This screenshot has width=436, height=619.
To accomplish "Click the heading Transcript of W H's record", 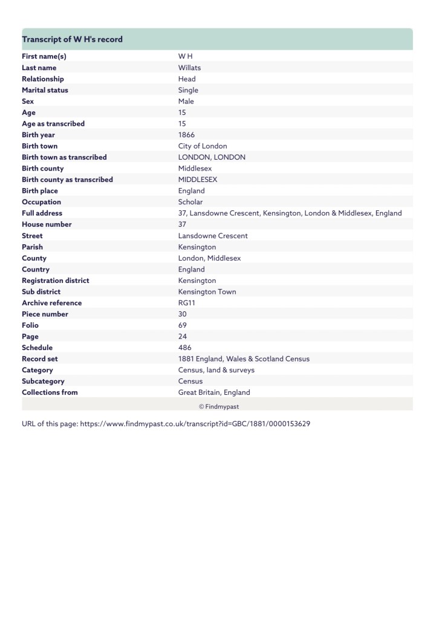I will pos(72,39).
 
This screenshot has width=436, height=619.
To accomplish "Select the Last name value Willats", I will pos(189,68).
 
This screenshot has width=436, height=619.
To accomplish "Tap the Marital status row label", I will pos(45,90).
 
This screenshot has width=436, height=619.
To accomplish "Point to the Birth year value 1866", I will pos(186,135).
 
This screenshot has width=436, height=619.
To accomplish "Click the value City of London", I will pos(203,146).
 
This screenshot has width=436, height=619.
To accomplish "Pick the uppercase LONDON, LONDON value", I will pos(212,157).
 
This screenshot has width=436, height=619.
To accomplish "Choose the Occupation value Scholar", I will pos(190,202).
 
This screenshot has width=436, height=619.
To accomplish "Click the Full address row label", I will pos(42,213).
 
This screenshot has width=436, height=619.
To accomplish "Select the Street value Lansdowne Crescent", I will pos(213,236).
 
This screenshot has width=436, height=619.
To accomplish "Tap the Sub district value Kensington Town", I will pos(207,291).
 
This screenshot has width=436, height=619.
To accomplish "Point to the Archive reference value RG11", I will pos(187,303).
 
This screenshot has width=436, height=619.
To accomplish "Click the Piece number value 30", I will pos(183,314).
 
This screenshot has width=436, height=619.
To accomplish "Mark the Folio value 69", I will pos(183,325).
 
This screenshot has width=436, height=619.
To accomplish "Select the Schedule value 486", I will pos(184,348).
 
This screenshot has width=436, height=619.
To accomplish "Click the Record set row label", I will pos(40,358).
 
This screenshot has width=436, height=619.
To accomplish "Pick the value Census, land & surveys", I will pos(216,370).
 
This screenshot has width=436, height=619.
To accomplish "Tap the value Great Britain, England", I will pos(214,392).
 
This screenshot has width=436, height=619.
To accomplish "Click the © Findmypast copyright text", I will pos(218,406).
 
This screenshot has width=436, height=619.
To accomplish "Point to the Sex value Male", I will pos(186,101).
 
